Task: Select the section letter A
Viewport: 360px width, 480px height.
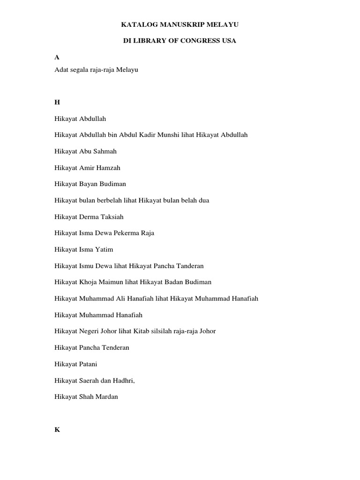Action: pos(57,57)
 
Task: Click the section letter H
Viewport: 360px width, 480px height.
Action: pos(57,102)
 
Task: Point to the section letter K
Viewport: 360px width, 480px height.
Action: pos(57,429)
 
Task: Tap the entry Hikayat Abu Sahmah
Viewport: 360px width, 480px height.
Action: pos(85,151)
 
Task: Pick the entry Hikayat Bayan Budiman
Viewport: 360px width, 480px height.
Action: pos(90,184)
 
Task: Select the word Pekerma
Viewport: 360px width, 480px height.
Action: pos(127,233)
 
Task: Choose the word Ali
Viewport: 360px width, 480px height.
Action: pos(124,299)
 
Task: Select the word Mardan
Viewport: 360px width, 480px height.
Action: pos(107,397)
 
